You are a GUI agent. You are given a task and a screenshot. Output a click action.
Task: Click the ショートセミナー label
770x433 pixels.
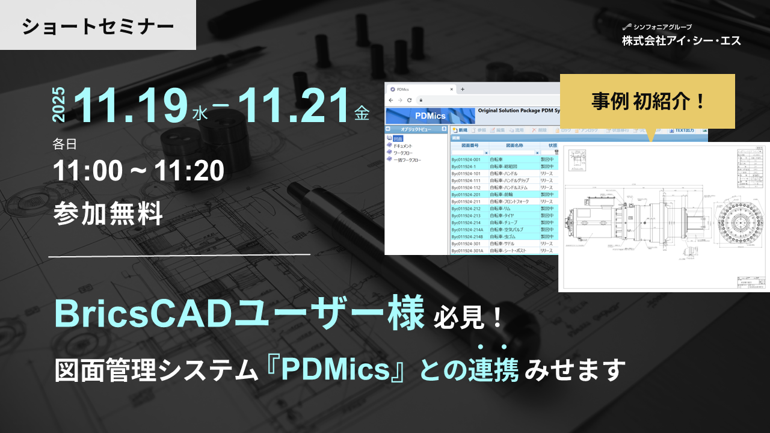98,26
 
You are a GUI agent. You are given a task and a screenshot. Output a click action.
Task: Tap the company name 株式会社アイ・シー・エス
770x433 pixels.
682,40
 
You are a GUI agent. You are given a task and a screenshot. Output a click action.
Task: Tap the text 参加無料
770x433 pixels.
108,214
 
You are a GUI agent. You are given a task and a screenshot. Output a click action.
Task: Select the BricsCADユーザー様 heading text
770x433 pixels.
239,314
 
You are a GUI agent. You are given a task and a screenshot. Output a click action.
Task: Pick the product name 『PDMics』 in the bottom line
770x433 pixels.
337,370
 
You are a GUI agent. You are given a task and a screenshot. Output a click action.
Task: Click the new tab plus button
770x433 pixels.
463,89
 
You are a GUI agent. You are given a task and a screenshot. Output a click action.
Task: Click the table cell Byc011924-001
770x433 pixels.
467,159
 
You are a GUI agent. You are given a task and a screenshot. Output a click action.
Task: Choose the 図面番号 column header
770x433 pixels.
469,145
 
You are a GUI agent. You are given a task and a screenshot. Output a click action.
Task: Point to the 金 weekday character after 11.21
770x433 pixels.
362,113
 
